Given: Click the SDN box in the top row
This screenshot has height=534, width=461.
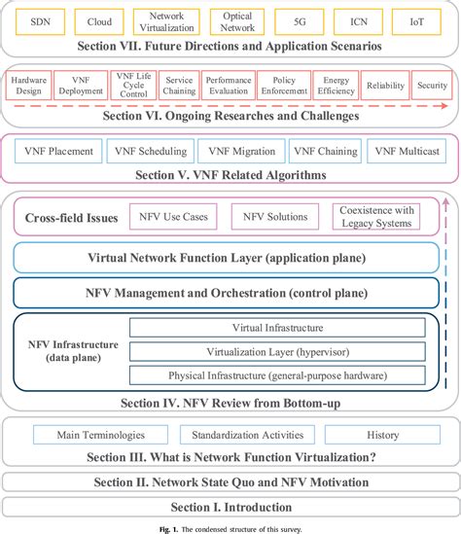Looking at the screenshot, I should tap(40, 20).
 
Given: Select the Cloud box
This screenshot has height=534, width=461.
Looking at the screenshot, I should tap(99, 20).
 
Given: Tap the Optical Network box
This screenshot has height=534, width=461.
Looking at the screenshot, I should tap(237, 20).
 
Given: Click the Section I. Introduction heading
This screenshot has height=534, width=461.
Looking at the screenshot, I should tap(230, 507).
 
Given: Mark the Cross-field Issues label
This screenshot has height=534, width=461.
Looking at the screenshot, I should tap(71, 218).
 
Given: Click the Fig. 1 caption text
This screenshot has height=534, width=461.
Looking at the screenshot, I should tap(230, 528).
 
